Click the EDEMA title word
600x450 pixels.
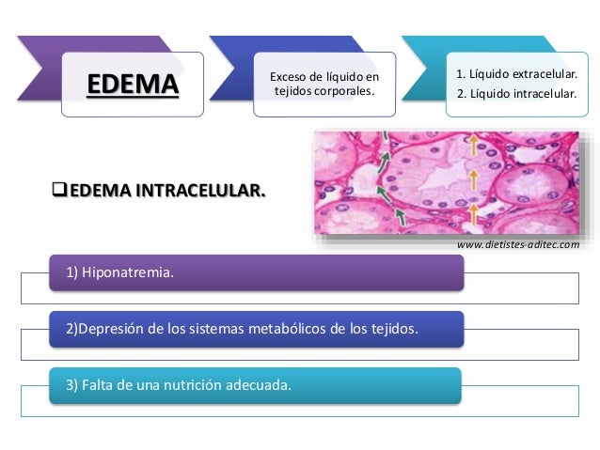tap(133, 86)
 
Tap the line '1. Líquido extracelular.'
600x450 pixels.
tap(516, 74)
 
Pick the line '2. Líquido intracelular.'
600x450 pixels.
tap(516, 93)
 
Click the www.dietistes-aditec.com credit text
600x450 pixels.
tap(518, 245)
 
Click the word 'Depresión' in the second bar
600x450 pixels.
tap(112, 330)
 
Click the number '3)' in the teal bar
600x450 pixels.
tap(71, 385)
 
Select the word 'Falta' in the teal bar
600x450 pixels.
tap(98, 385)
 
